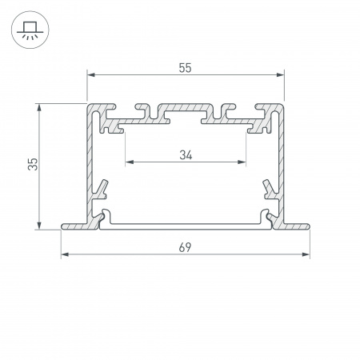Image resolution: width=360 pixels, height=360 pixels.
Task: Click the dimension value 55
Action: pyautogui.click(x=185, y=67)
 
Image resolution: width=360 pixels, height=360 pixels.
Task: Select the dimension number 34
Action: pyautogui.click(x=185, y=154)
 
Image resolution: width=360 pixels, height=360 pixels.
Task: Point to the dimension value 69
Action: pyautogui.click(x=185, y=248)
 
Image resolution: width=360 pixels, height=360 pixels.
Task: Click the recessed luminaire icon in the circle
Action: pyautogui.click(x=28, y=29)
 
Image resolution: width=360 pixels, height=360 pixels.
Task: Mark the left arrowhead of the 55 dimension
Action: pyautogui.click(x=90, y=74)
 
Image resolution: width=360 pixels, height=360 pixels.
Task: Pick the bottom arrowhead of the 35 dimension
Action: pyautogui.click(x=38, y=226)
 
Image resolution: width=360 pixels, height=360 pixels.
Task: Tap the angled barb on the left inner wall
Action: pyautogui.click(x=102, y=189)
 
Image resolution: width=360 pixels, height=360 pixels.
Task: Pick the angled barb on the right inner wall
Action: pyautogui.click(x=269, y=189)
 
